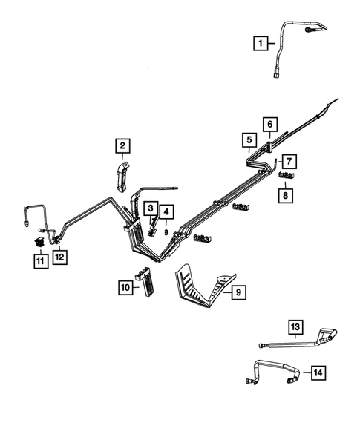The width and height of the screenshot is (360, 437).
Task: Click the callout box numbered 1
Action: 261,44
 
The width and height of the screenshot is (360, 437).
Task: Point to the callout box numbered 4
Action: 167,212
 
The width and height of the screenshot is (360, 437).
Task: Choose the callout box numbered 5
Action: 248,139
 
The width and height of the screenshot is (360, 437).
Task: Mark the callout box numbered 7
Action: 288,160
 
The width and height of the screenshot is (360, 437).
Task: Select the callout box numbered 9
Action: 237,294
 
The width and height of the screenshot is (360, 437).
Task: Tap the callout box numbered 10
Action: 125,286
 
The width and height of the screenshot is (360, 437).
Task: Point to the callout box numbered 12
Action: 60,257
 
